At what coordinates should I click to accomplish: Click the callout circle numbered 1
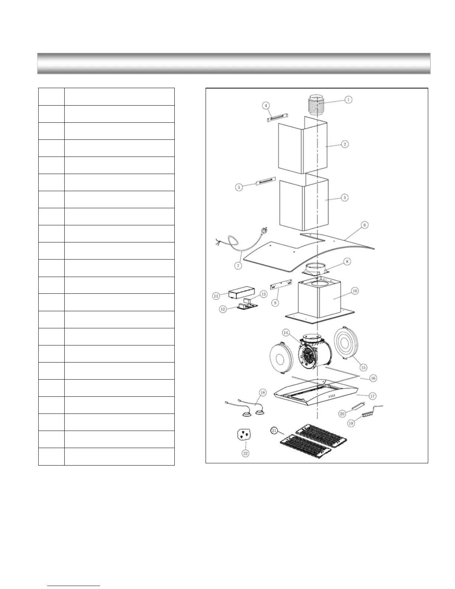(348, 100)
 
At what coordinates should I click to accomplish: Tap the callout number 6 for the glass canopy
(365, 225)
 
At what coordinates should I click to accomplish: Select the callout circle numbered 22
(246, 453)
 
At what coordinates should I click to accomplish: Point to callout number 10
(355, 291)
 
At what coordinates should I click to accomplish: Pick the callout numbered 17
(372, 396)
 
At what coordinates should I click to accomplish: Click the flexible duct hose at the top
(315, 104)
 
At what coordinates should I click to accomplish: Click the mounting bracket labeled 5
(265, 182)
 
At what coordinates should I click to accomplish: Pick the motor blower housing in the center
(314, 353)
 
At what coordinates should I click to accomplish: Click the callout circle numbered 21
(274, 431)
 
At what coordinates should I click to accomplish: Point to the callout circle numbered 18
(263, 392)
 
